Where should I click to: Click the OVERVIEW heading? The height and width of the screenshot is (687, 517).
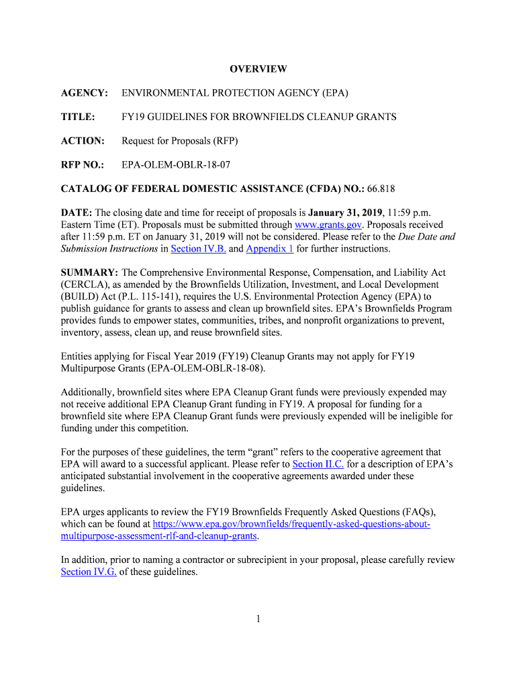click(x=258, y=69)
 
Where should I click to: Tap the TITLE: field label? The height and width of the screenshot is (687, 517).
click(x=78, y=117)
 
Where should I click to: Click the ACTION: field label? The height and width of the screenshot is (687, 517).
click(x=83, y=141)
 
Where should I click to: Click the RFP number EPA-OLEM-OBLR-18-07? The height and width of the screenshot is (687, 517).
click(x=176, y=164)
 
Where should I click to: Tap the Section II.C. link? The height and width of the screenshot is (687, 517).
click(x=318, y=464)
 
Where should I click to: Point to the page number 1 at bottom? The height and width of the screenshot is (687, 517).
click(x=258, y=619)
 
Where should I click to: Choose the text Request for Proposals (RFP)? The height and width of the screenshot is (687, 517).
click(x=180, y=141)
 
